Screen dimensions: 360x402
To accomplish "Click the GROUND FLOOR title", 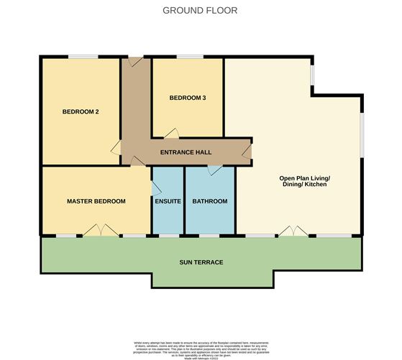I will click(200, 10).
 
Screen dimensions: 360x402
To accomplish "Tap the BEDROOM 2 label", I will click(81, 111).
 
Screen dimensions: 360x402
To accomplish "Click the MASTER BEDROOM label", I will click(96, 201).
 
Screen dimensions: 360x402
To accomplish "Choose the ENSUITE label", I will click(168, 201).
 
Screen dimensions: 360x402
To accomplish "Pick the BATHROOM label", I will click(209, 201).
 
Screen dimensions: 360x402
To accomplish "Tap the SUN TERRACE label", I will click(201, 262).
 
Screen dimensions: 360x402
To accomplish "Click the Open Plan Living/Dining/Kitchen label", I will click(303, 181).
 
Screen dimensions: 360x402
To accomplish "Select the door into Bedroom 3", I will click(171, 133).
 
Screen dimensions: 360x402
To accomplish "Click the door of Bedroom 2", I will click(115, 147).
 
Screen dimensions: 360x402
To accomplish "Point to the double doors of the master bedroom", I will click(99, 230).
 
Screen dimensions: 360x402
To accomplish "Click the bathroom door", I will click(214, 170).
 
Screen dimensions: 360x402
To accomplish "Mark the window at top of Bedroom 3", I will click(188, 56).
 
